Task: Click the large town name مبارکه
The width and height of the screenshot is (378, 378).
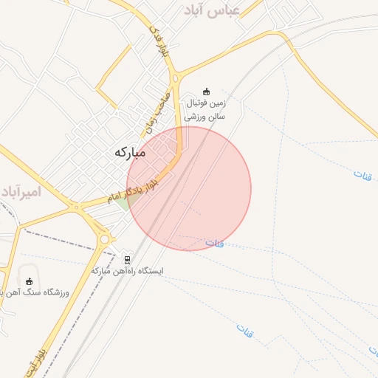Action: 130,152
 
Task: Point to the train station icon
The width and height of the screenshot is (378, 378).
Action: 128,260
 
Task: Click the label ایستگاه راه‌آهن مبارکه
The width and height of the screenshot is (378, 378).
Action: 128,271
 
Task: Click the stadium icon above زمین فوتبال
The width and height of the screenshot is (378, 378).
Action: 206,92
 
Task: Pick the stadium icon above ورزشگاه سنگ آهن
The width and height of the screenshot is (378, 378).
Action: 29,281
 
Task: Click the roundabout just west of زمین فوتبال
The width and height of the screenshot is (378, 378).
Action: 176,78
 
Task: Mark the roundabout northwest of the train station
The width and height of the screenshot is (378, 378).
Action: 105,238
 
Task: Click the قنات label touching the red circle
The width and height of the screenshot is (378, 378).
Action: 214,243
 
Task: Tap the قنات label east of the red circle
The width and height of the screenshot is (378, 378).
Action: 362,177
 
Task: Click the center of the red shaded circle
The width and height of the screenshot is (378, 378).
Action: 189,188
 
